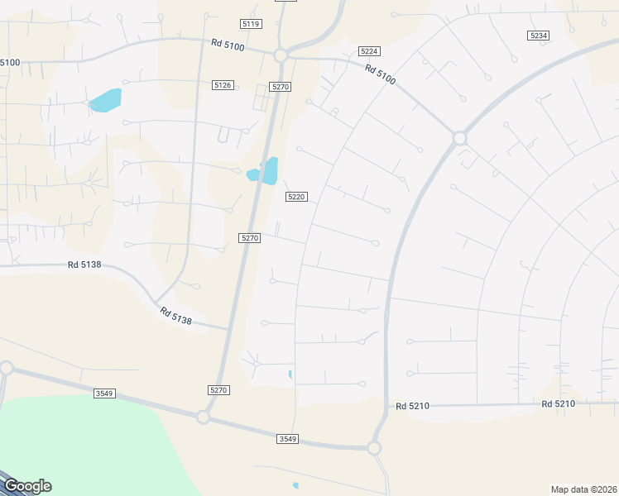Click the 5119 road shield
252,24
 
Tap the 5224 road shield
370,50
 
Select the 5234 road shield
538,35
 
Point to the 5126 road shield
222,85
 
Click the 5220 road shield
296,197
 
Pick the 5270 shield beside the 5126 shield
280,87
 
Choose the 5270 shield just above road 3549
218,389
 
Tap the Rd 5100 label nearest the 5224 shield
381,74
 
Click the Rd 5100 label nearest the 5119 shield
228,46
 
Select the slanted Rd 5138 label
176,316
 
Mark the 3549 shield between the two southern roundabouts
287,438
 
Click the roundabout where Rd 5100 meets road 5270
281,55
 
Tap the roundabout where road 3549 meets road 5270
203,417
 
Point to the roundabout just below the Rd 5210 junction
373,448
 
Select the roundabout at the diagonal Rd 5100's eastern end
460,139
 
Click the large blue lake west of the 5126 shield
106,100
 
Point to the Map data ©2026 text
583,489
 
